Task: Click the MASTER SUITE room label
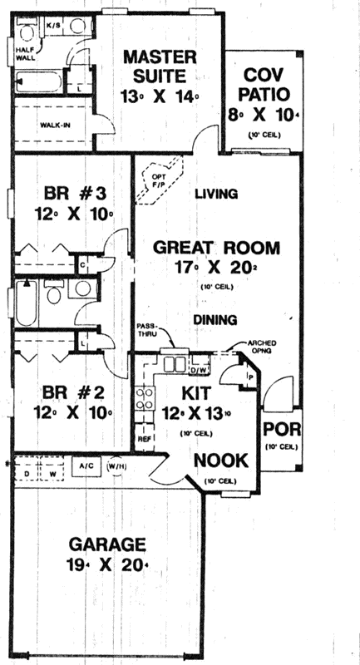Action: coord(160,57)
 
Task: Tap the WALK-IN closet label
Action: coord(54,126)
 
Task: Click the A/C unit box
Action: coord(86,467)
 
